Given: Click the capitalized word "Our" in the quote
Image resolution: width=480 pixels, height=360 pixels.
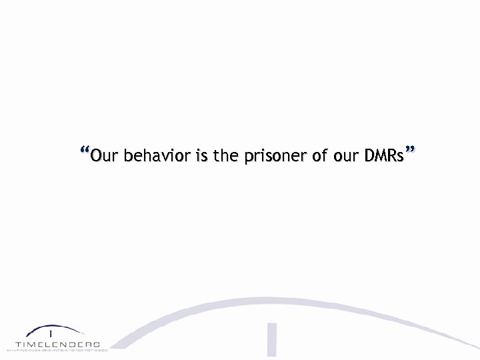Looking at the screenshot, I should tap(103, 157).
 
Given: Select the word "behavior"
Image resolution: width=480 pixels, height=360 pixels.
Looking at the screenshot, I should tap(155, 157).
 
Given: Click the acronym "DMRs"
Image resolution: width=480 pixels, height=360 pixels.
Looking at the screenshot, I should tap(385, 157).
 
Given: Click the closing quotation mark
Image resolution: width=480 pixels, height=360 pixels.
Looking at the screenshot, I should tap(411, 150).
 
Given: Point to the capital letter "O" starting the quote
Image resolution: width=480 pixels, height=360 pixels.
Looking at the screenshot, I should tap(96, 157).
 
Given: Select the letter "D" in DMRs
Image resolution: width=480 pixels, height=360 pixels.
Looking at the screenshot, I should tap(370, 157).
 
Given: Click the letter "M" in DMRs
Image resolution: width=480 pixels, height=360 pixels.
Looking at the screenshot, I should tap(381, 157).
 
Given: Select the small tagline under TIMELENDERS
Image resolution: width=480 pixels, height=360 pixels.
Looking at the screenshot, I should tap(58, 349).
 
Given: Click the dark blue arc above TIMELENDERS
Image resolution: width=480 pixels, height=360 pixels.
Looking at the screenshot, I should tap(58, 329).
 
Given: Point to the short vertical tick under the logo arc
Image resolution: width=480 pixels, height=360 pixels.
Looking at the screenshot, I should tap(51, 333).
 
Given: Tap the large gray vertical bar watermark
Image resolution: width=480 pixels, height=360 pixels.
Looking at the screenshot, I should tap(272, 339).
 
